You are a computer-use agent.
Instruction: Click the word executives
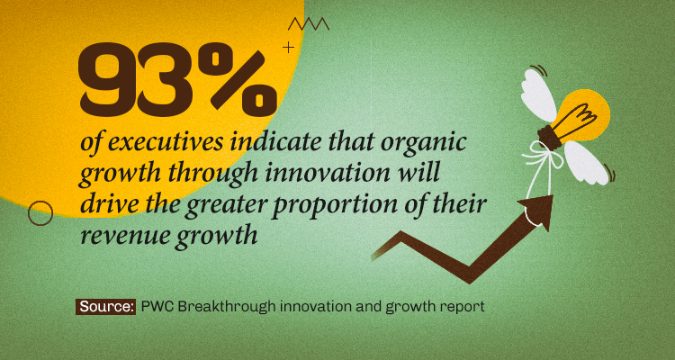click(x=166, y=143)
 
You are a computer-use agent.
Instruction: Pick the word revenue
click(x=126, y=236)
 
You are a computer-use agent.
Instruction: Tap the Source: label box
click(x=106, y=307)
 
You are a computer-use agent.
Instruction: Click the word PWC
click(x=157, y=307)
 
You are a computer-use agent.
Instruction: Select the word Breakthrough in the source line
click(x=228, y=307)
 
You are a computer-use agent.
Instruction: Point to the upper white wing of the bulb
click(x=538, y=94)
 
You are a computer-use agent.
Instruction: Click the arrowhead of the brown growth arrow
click(x=539, y=210)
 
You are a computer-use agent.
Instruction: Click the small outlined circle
click(x=40, y=213)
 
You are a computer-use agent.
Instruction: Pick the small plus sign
click(x=288, y=47)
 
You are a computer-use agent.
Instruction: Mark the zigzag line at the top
click(x=309, y=24)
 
